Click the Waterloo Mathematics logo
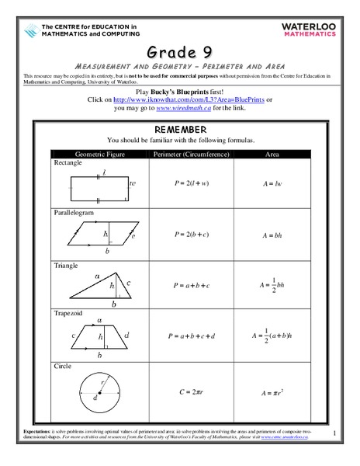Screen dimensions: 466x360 point(314,30)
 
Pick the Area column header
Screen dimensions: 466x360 point(272,155)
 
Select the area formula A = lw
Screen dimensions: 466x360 point(272,184)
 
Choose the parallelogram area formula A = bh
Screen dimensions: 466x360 point(272,235)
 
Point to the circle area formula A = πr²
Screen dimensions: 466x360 point(273,391)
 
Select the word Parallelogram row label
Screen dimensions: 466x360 point(74,212)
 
